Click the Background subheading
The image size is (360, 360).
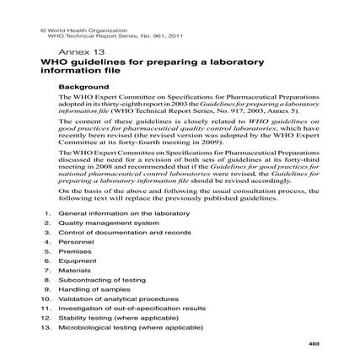pyautogui.click(x=78, y=86)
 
